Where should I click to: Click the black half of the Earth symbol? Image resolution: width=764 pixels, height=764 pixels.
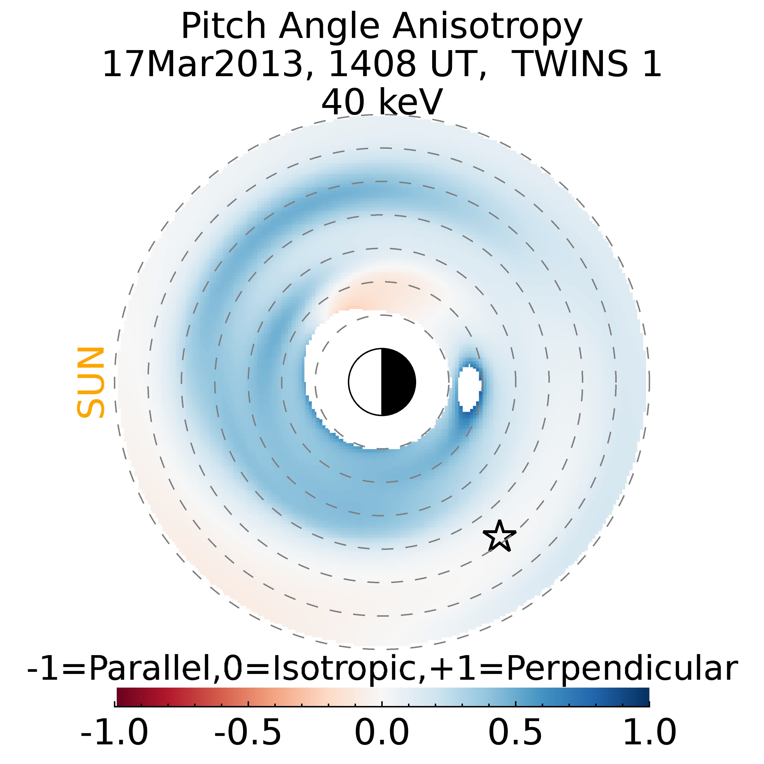click(x=398, y=382)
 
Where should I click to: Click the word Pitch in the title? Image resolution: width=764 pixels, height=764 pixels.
click(x=223, y=27)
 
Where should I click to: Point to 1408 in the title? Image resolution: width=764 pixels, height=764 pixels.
click(x=372, y=64)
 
